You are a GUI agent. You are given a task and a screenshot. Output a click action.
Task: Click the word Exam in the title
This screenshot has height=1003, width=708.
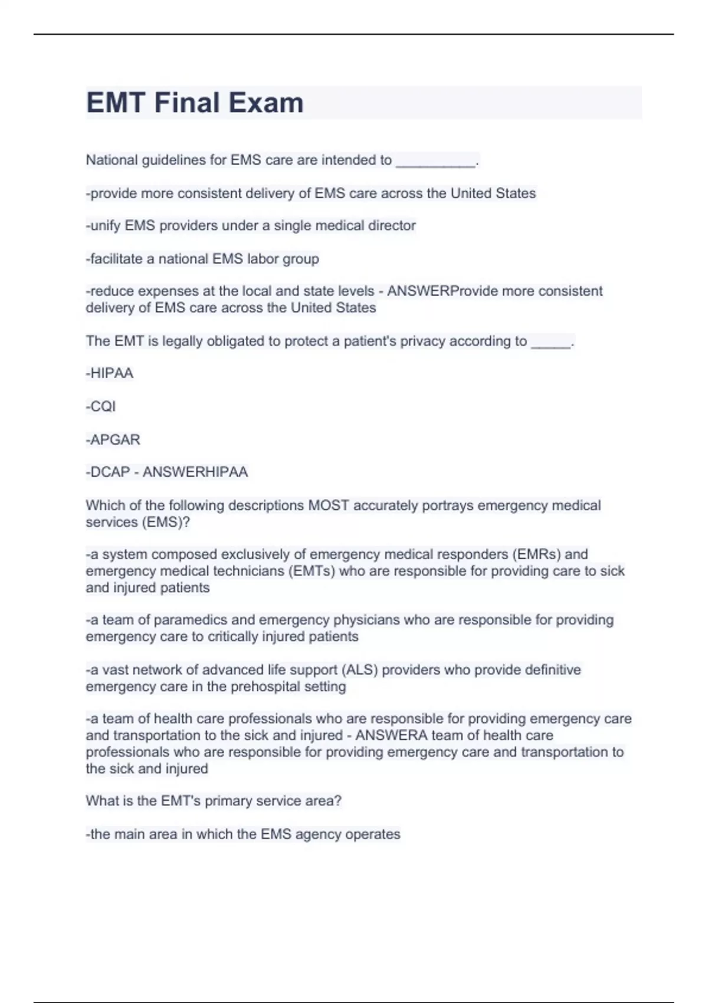point(266,103)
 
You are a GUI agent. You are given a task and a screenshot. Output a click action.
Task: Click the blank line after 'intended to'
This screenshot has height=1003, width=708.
point(435,160)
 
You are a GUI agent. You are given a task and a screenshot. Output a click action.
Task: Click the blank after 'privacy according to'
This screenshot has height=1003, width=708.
point(551,342)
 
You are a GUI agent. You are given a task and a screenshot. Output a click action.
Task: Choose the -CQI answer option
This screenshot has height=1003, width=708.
point(101,407)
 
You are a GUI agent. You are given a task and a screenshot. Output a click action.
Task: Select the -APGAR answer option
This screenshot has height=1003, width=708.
point(113,440)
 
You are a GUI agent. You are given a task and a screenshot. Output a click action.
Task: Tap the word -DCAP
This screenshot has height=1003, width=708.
point(108,472)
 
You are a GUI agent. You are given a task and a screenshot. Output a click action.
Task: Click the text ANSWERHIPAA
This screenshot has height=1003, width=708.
point(195,472)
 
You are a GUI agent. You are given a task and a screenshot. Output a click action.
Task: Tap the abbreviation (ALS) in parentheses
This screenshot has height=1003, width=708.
point(360,670)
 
